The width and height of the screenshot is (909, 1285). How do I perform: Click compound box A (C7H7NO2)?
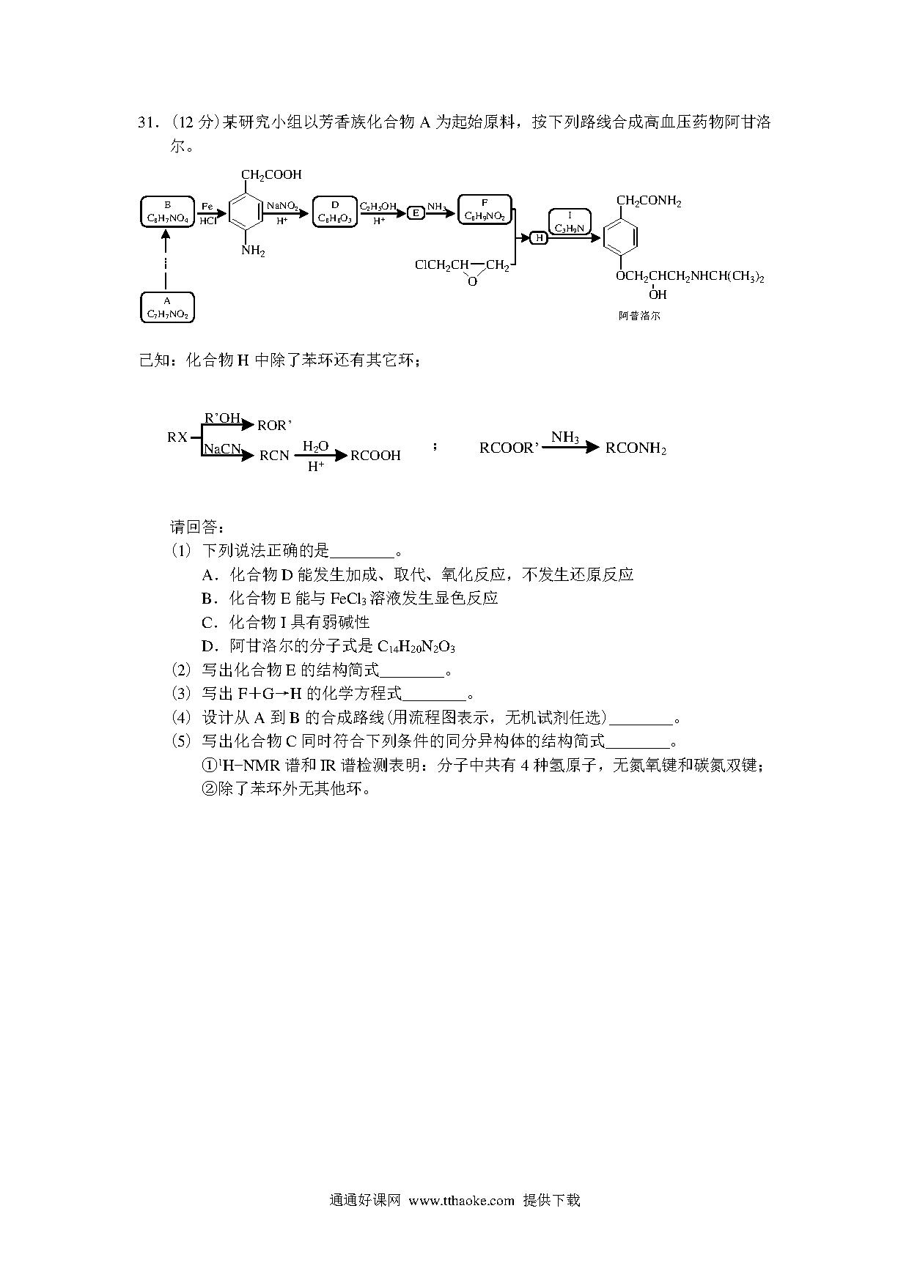tap(166, 308)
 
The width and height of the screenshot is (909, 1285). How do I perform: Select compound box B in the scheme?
tap(167, 212)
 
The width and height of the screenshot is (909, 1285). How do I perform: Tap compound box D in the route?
tap(335, 212)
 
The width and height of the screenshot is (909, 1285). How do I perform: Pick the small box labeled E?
tap(416, 212)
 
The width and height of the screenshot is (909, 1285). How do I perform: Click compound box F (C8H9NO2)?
tap(484, 210)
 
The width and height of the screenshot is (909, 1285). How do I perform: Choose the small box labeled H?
tap(539, 237)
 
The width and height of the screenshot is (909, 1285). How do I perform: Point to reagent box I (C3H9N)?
tap(570, 222)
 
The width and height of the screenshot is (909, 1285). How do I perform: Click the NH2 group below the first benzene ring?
tap(253, 251)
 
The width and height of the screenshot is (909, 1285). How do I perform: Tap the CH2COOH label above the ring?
tap(271, 175)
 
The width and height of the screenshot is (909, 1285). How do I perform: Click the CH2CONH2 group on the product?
tap(649, 201)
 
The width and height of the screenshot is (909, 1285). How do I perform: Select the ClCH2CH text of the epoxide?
tap(442, 264)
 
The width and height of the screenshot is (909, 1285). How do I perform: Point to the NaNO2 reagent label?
tap(282, 206)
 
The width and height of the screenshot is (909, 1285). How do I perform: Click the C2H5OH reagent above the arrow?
tap(378, 207)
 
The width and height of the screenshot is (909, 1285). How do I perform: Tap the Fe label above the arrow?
tap(207, 206)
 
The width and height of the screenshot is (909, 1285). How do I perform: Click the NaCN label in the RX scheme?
tap(222, 448)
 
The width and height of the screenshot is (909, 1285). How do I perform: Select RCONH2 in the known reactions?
tap(636, 448)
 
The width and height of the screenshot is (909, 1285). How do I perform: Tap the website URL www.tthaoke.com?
tap(462, 1201)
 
